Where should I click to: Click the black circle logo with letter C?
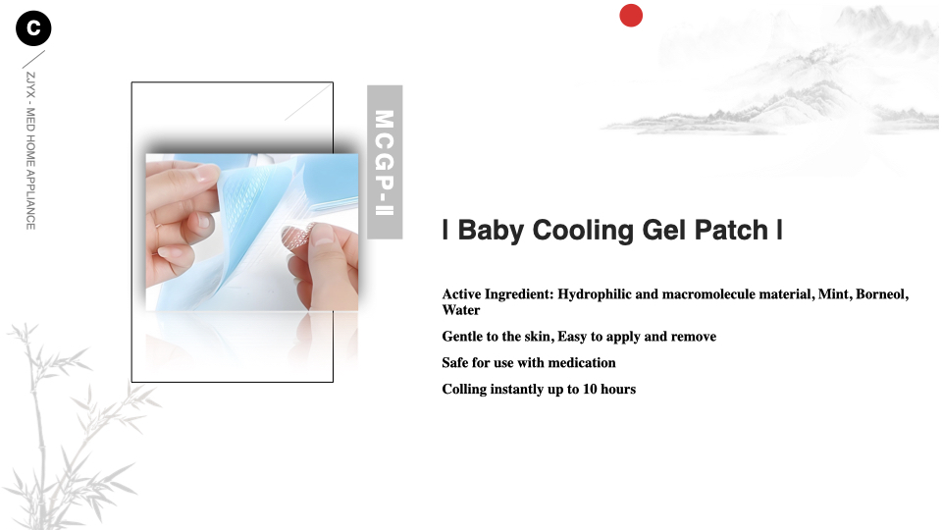(33, 28)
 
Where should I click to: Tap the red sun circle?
(631, 15)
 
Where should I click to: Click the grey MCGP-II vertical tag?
(385, 162)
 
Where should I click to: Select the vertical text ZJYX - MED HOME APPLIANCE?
(30, 151)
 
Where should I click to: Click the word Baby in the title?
(491, 231)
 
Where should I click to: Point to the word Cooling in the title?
(583, 231)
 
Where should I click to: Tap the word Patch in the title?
(731, 230)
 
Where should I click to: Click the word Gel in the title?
(664, 230)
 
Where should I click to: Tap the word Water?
(461, 310)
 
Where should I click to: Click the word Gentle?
(462, 337)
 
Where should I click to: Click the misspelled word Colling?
(464, 390)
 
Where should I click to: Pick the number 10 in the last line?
(590, 390)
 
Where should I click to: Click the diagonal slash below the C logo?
(33, 60)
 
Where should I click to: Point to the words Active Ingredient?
(498, 294)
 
